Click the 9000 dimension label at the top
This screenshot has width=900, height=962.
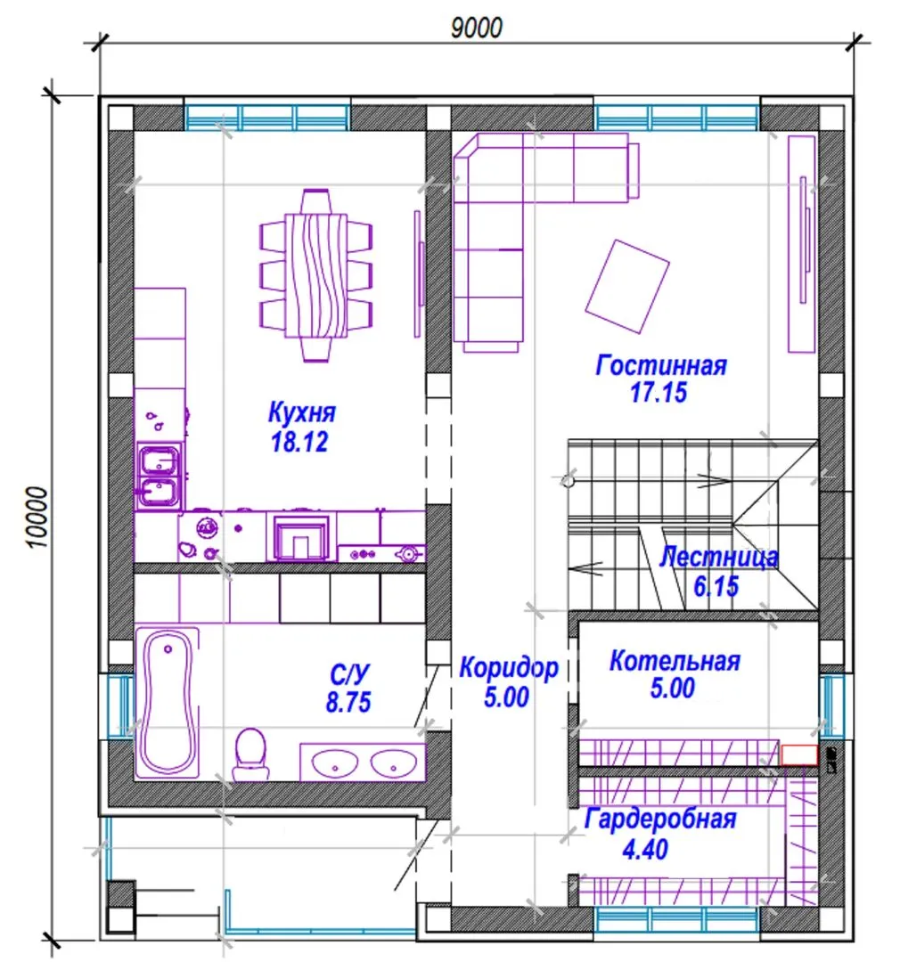pyautogui.click(x=477, y=28)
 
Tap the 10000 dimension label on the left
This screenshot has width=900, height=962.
pyautogui.click(x=37, y=518)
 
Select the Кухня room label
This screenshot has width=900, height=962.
pyautogui.click(x=302, y=412)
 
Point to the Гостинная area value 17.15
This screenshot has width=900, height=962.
pyautogui.click(x=659, y=393)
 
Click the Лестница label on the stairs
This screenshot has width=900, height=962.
pyautogui.click(x=719, y=557)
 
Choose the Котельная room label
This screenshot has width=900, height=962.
pyautogui.click(x=675, y=661)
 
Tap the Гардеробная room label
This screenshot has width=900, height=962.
pyautogui.click(x=660, y=819)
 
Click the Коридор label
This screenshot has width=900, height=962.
pyautogui.click(x=509, y=667)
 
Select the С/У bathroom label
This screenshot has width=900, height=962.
pyautogui.click(x=349, y=674)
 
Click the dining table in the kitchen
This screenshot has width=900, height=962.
pyautogui.click(x=316, y=275)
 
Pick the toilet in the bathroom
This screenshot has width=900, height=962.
pyautogui.click(x=250, y=754)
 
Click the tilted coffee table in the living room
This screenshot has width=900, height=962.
pyautogui.click(x=627, y=287)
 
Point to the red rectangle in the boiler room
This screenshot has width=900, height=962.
pyautogui.click(x=799, y=755)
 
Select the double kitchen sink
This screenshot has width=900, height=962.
pyautogui.click(x=159, y=476)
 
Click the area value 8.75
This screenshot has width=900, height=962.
pyautogui.click(x=348, y=702)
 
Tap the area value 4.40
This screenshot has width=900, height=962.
pyautogui.click(x=645, y=850)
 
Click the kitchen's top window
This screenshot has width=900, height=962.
pyautogui.click(x=267, y=118)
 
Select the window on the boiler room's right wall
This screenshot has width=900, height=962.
pyautogui.click(x=832, y=705)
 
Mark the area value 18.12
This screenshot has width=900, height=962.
pyautogui.click(x=299, y=442)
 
